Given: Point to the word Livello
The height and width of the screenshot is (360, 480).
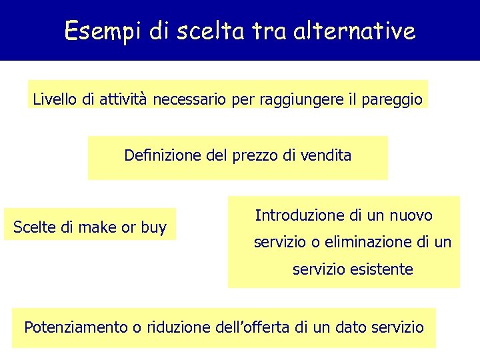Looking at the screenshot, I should click(x=55, y=100).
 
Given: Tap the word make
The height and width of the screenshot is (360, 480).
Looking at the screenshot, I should click(x=97, y=228).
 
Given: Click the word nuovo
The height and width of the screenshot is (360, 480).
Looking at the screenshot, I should click(x=411, y=215).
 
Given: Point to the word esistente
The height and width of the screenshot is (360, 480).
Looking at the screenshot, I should click(x=382, y=270).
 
